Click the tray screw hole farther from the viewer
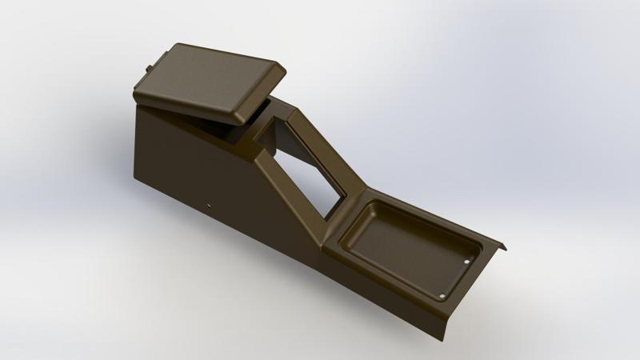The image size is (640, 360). [469, 259]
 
